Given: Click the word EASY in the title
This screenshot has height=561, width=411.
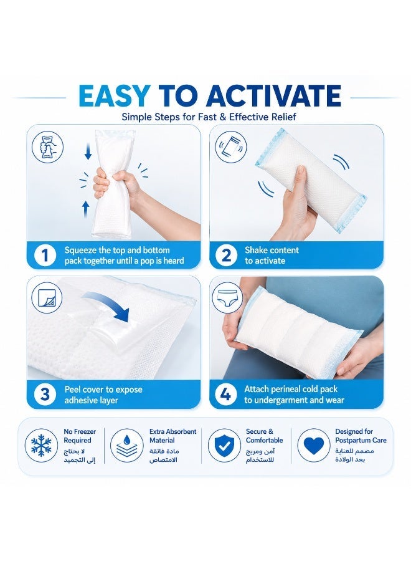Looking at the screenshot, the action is point(114,95).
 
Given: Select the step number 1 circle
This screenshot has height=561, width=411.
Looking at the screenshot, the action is point(45,256).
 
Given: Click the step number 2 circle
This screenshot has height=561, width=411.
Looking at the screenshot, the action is point(226,256).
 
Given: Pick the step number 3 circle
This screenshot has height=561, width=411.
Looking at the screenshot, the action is point(45,395).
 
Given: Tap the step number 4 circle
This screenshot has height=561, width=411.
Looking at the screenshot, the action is point(226,395).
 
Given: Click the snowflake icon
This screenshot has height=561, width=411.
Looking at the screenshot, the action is point(42,446).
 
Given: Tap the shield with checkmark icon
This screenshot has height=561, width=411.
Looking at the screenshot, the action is point(224,446).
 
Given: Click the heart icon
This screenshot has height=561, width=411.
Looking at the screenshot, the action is point(313,446).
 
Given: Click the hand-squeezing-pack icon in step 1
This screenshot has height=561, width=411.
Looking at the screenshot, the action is point(47,147).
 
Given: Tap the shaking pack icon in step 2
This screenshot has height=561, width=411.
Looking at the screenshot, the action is point(231,147).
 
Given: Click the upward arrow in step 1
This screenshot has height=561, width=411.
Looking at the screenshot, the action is point(85,209).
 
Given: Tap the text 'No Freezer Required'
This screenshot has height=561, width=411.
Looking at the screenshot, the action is point(80,436).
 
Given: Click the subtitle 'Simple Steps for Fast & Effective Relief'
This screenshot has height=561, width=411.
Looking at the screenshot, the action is point(209,117).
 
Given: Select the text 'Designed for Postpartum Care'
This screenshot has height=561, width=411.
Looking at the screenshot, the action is point(361,436).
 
